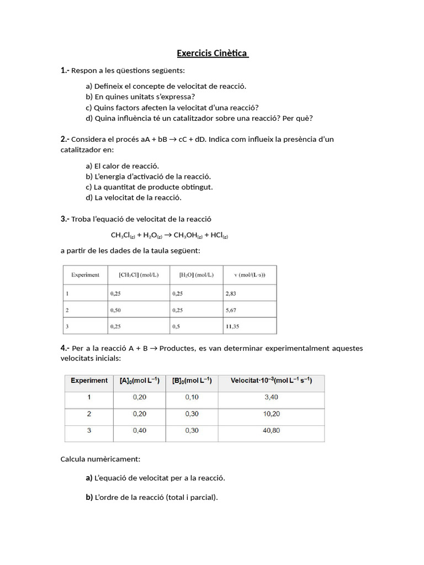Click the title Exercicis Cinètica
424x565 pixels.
[212, 54]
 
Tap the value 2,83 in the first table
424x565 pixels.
[231, 294]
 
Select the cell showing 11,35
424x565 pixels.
[232, 326]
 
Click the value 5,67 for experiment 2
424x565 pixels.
[231, 310]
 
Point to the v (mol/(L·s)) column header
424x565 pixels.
[250, 275]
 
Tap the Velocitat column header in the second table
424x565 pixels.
[271, 381]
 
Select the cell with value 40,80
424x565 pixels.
[272, 430]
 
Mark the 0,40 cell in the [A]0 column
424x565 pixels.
[140, 430]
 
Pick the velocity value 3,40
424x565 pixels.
[271, 397]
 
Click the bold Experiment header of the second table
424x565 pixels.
[89, 381]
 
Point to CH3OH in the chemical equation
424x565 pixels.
[185, 235]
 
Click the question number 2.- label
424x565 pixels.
[65, 139]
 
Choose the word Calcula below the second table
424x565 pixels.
[73, 459]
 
